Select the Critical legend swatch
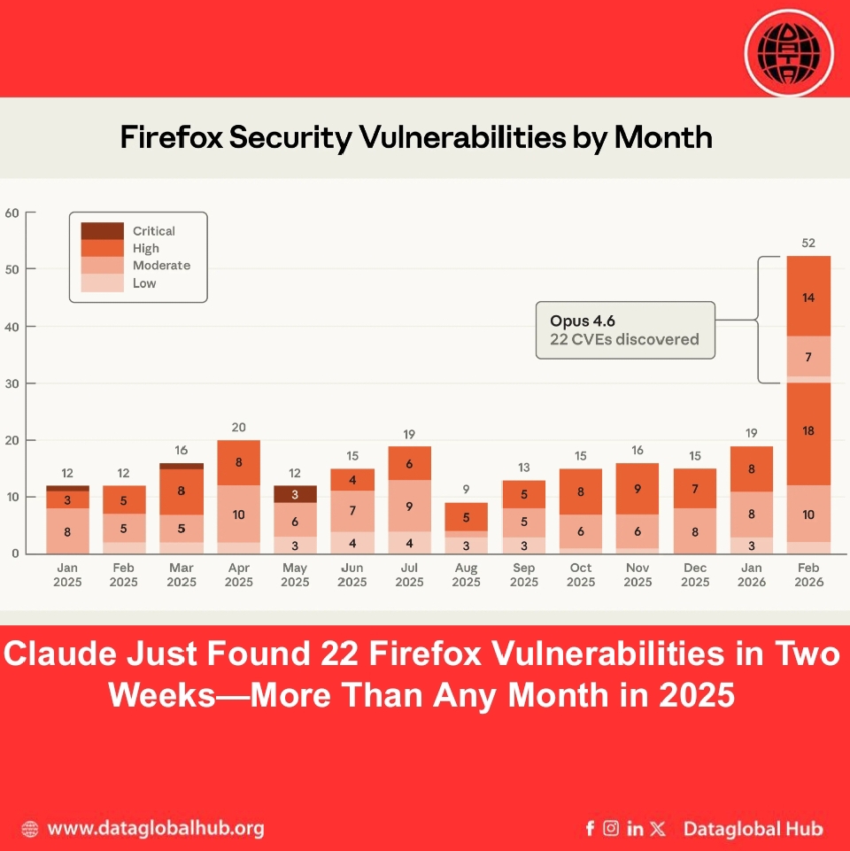[x=102, y=230]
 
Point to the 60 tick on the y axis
[x=12, y=213]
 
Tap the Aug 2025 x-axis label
[x=467, y=575]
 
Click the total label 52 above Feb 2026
[x=808, y=243]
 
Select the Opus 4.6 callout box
[x=624, y=329]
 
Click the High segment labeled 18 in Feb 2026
[x=808, y=431]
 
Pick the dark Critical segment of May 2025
[x=295, y=494]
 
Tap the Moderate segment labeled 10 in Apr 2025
[x=238, y=514]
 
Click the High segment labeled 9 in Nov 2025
[x=637, y=489]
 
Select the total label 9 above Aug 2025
[x=467, y=489]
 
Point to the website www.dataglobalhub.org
[x=155, y=829]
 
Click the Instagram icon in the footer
[x=611, y=829]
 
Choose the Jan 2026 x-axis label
[x=752, y=575]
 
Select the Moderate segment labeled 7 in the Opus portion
[x=808, y=356]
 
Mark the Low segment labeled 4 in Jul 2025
[x=409, y=543]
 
